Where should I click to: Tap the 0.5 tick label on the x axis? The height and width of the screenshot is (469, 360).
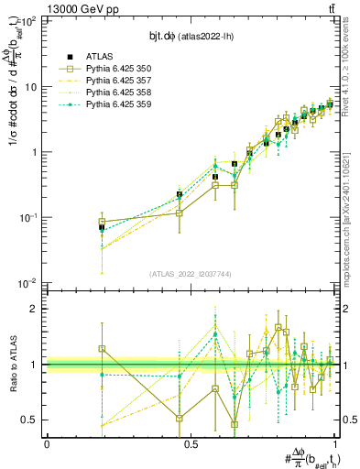coord(191,444)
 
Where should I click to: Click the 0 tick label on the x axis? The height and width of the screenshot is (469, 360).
coord(47,444)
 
